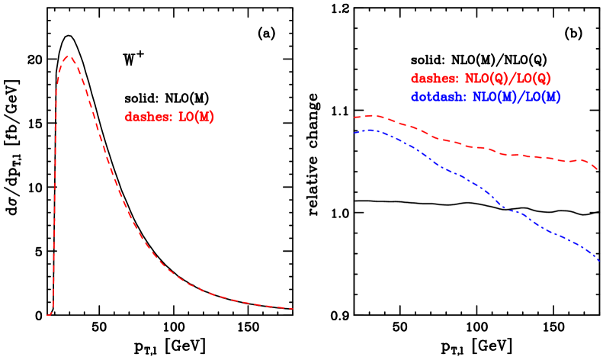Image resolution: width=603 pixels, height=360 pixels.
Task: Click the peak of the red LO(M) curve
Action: coord(69,56)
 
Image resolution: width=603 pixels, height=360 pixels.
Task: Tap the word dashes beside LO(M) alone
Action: coord(147,117)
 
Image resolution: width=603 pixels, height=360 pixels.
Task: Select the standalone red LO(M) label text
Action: coord(196,117)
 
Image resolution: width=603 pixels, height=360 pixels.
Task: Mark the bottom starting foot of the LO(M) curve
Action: coord(48,313)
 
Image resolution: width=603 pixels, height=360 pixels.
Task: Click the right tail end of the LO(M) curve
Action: coord(293,309)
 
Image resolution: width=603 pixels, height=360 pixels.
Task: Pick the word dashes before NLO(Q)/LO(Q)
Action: coord(434,79)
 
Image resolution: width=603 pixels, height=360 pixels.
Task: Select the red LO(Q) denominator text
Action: coord(533,79)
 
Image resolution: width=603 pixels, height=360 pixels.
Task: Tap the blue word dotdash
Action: coord(438,98)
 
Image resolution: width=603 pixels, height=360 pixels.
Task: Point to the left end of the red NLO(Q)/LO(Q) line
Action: coord(354,117)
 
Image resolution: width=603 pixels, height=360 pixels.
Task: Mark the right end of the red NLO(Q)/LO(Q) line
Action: coord(597,169)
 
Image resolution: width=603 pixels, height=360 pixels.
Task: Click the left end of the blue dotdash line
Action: coord(354,133)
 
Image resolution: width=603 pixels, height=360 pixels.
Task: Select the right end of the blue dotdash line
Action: coord(600,261)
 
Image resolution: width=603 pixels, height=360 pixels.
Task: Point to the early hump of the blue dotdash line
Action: coord(369,130)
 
